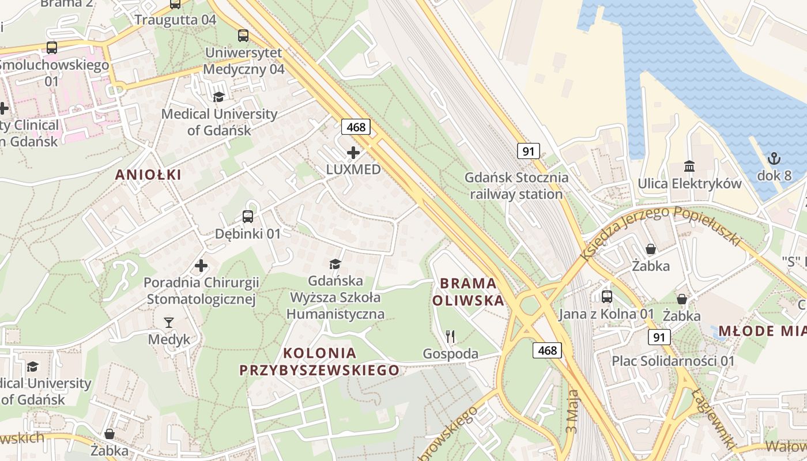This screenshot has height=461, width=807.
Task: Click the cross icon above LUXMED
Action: tap(353, 153)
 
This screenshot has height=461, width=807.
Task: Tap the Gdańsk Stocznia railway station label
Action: tap(516, 186)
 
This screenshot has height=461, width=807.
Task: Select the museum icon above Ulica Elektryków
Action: tap(689, 167)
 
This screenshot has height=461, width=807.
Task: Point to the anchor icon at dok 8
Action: tap(774, 158)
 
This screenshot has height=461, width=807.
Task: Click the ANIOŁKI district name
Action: tap(148, 175)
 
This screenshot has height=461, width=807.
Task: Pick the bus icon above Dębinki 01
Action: tap(248, 217)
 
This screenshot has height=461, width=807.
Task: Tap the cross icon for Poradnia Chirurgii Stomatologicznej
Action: tap(201, 266)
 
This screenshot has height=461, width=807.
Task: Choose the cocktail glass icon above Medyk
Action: tap(169, 322)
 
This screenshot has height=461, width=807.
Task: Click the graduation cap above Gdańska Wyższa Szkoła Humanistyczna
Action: tap(335, 264)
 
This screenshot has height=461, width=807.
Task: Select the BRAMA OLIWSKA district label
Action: tap(467, 292)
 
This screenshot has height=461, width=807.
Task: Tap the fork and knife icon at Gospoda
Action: tap(451, 337)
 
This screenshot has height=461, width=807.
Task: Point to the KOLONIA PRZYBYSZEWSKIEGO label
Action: tap(319, 361)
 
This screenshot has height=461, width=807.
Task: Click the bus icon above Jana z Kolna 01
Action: tap(607, 297)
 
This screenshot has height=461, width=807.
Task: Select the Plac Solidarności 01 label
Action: tap(673, 361)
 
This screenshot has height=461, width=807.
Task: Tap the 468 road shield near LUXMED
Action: tap(356, 127)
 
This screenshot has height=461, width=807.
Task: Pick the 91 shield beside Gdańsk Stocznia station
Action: tap(529, 152)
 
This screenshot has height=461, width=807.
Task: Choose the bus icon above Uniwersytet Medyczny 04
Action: tap(243, 36)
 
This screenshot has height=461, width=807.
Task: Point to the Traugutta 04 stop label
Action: tap(175, 20)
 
